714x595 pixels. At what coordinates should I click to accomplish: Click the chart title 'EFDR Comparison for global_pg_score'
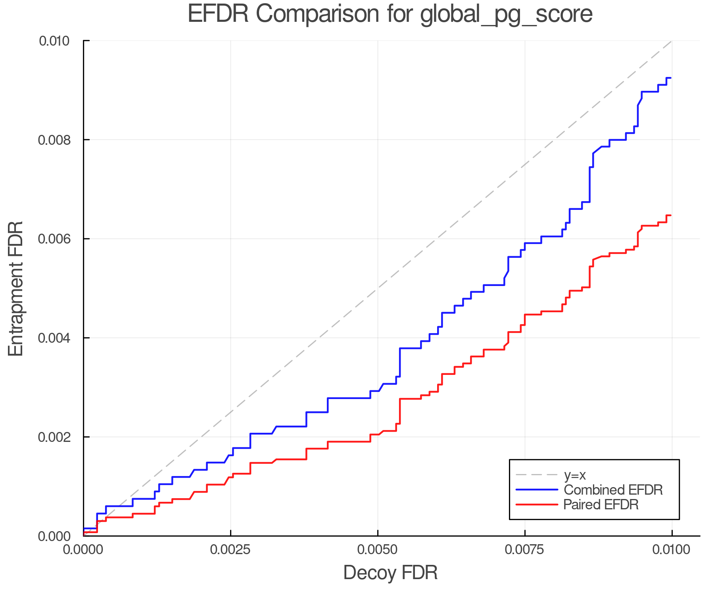[x=390, y=14]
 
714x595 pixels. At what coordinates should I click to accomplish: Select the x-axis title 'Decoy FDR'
[x=390, y=573]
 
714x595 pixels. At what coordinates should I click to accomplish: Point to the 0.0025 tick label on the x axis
[x=230, y=550]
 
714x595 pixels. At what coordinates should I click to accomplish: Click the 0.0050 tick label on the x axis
[x=378, y=550]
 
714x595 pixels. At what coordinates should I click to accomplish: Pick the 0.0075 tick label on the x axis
[x=525, y=550]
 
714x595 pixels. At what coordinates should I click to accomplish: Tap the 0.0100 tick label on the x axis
[x=672, y=550]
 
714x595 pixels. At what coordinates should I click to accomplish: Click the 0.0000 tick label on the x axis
[x=83, y=550]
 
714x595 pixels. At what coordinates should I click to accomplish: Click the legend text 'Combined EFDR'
[x=613, y=490]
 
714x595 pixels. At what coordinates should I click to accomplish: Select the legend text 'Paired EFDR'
[x=601, y=505]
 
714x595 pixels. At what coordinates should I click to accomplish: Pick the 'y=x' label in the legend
[x=575, y=475]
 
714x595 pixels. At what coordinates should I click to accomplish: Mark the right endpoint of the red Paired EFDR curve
[x=671, y=215]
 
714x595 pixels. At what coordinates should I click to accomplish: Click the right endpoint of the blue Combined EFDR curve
[x=671, y=78]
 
